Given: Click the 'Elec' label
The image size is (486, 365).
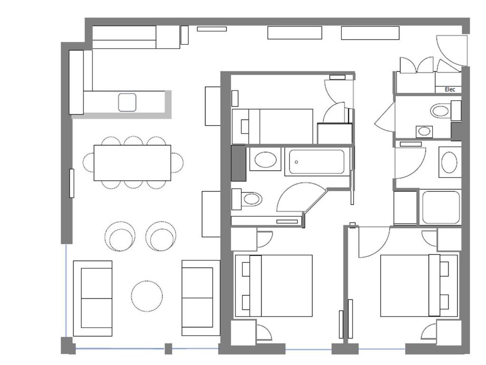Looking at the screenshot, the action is click(x=450, y=89).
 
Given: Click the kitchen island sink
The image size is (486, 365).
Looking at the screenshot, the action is click(x=127, y=103).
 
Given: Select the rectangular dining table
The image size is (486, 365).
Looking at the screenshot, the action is click(x=132, y=163).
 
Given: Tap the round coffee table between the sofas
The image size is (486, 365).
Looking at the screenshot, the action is click(x=147, y=296).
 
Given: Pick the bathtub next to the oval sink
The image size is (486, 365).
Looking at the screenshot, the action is click(x=317, y=162).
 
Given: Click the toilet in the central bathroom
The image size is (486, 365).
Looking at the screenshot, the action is click(x=250, y=199).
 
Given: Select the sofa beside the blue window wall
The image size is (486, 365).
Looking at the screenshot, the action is click(x=93, y=298).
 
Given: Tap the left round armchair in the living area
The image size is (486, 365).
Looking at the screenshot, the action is click(x=120, y=236).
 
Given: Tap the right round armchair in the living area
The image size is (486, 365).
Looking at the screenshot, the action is click(x=161, y=236).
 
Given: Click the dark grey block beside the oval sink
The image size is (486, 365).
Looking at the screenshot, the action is click(x=239, y=163).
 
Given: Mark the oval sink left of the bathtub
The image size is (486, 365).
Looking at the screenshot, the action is click(x=265, y=160).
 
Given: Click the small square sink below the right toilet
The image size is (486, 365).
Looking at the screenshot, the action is click(x=424, y=132).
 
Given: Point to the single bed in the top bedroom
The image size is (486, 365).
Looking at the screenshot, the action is click(x=272, y=126).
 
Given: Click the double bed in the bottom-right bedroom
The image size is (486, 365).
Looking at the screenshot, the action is click(x=419, y=286).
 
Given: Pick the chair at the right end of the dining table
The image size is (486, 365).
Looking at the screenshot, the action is click(x=177, y=163).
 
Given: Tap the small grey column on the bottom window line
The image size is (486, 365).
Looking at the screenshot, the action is click(x=168, y=349).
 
